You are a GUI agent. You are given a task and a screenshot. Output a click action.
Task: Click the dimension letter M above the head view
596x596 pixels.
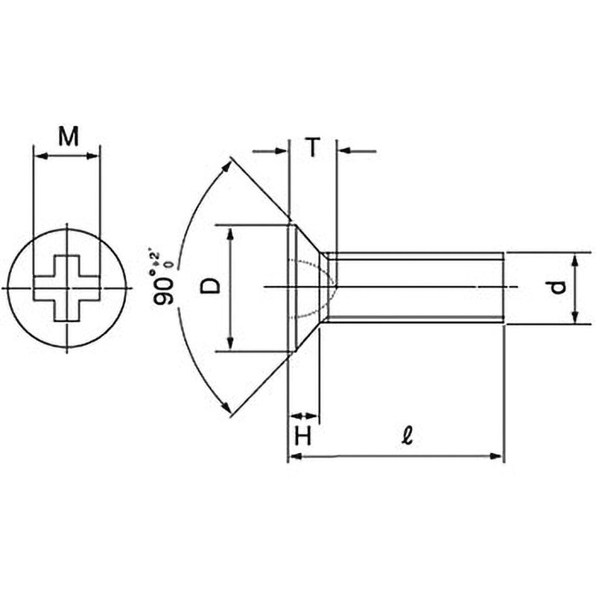click(68, 136)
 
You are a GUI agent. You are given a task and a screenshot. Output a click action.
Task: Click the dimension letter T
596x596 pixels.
click(312, 148)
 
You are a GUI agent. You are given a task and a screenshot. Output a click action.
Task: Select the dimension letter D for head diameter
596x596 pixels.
click(212, 286)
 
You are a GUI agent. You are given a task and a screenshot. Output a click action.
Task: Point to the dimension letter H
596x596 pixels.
click(302, 437)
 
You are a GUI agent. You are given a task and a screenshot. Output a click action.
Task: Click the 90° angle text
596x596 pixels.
click(165, 286)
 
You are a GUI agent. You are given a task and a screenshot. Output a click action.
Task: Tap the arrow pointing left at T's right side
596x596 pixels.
click(346, 152)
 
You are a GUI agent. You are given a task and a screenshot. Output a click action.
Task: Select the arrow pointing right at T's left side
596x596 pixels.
click(280, 152)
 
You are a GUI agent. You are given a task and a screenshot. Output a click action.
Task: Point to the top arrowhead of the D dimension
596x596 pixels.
click(232, 233)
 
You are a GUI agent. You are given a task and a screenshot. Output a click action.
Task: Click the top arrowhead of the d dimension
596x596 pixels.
click(575, 259)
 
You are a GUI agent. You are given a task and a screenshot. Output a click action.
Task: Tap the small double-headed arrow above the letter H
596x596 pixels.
click(303, 416)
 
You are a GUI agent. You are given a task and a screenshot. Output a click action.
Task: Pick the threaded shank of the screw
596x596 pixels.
click(417, 287)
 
